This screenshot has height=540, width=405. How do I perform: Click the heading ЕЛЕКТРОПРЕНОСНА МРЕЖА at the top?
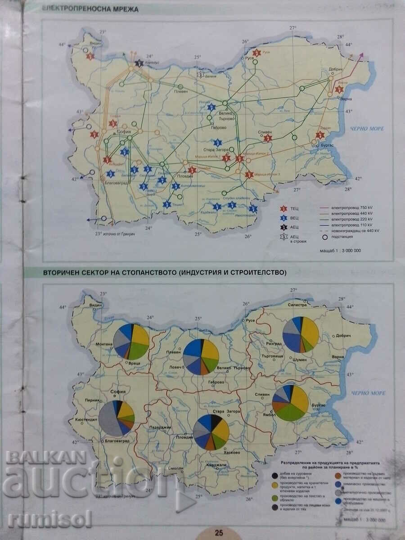90,9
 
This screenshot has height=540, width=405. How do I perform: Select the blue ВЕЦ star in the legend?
283,218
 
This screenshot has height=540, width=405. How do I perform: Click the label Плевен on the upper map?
181,92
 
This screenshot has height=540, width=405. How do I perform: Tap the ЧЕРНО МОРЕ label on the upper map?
368,128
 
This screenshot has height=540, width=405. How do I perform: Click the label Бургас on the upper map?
327,145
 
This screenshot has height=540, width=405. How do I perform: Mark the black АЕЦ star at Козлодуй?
139,63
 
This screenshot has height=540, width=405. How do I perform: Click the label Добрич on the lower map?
346,336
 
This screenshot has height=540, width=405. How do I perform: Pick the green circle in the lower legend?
275,498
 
